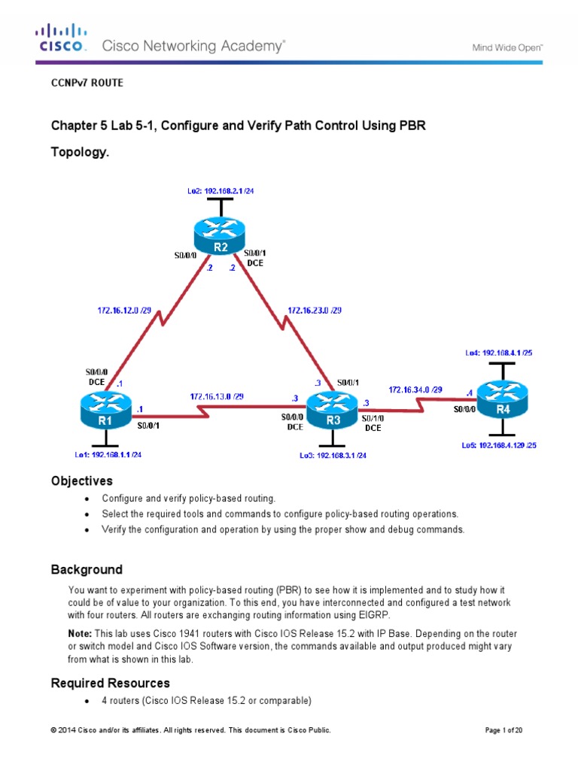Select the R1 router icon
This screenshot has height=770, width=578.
[105, 413]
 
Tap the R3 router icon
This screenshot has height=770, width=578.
[334, 413]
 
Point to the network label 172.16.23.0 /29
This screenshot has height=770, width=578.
[315, 309]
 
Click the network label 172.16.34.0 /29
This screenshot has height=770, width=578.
[415, 389]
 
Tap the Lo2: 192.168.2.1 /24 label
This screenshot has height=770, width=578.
[221, 191]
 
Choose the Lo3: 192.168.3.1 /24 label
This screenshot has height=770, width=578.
[333, 456]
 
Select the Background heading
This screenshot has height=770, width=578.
[86, 569]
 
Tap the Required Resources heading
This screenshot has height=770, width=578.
[110, 683]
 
